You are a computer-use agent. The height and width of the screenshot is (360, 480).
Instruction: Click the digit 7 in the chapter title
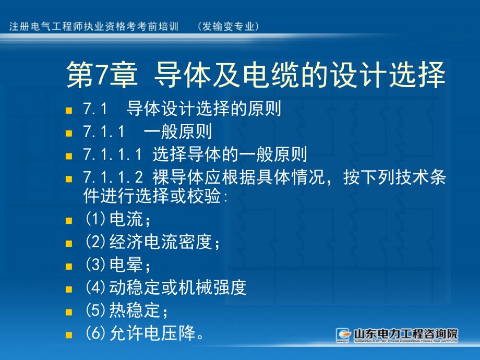click(x=101, y=75)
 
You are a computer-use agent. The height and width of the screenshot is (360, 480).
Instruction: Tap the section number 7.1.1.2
click(x=113, y=177)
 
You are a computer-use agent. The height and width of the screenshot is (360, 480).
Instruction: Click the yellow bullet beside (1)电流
click(x=69, y=220)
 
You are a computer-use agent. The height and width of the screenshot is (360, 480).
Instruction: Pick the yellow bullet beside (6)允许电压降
click(x=69, y=334)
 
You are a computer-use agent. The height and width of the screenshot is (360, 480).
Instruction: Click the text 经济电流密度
click(x=160, y=242)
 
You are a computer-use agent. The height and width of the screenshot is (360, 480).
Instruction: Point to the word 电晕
click(x=126, y=265)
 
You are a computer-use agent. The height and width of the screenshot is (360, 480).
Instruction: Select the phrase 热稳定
click(x=135, y=310)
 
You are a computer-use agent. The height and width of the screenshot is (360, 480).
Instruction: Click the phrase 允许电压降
click(x=152, y=333)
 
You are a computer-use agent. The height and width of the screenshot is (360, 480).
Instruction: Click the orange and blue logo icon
click(x=343, y=335)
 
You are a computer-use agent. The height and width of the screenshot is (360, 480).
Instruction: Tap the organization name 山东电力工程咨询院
click(x=405, y=333)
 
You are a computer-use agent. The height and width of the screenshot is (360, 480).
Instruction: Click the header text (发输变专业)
click(x=229, y=27)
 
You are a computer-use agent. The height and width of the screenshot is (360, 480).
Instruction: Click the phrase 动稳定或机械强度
click(x=178, y=287)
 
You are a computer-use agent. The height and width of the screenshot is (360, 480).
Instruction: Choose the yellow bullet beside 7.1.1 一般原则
click(x=69, y=133)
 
